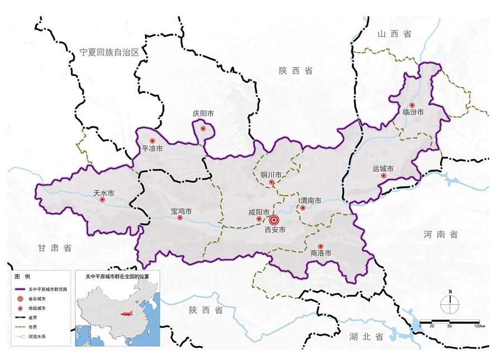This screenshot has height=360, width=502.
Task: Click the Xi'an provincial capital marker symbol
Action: click(x=273, y=220)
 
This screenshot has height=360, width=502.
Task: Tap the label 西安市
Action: click(x=275, y=230)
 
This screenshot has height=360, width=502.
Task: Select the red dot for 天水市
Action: click(x=102, y=200)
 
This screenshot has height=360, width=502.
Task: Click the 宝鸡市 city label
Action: click(x=181, y=212)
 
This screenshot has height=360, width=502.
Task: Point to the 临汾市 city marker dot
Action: click(x=412, y=105)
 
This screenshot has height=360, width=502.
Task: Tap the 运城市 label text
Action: click(x=383, y=169)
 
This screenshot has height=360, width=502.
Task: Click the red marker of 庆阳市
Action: click(x=203, y=129)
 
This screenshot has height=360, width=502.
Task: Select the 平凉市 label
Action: click(x=152, y=149)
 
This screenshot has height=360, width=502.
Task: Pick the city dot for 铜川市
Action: click(x=272, y=182)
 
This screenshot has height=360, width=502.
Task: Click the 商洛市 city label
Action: click(x=321, y=253)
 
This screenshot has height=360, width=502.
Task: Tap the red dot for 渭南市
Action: click(x=303, y=208)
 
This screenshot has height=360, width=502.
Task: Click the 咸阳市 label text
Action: click(x=259, y=212)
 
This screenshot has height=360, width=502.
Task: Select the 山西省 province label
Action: click(x=394, y=34)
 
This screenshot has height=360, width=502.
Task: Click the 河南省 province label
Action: click(x=441, y=235)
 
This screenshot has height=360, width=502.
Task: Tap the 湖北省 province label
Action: click(x=366, y=337)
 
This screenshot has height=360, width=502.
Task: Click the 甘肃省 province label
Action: click(x=55, y=249)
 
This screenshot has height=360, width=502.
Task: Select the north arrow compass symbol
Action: click(x=450, y=303)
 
